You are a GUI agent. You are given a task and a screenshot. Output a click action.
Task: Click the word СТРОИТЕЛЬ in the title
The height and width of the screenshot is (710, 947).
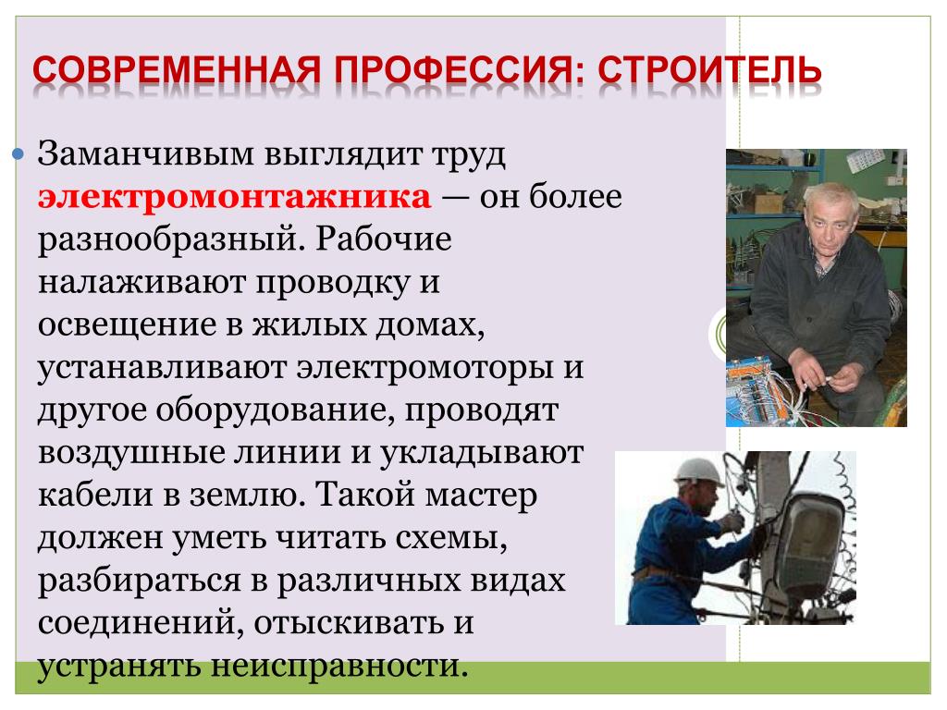click(709, 70)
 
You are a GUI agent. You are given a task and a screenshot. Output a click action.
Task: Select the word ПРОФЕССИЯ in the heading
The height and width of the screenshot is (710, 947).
click(460, 70)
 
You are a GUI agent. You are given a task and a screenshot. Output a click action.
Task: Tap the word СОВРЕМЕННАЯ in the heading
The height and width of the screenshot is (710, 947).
click(177, 70)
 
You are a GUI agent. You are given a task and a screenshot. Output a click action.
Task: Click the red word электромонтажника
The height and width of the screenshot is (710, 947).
click(234, 198)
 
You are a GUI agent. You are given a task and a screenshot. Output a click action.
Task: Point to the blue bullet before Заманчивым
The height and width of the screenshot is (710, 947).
click(18, 154)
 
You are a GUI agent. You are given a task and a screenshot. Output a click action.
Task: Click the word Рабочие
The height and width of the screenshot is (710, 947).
click(384, 239)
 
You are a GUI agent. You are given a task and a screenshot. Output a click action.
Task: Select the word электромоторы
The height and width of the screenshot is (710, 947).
click(424, 368)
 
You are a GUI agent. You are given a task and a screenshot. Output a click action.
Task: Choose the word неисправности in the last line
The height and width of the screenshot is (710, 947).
click(339, 666)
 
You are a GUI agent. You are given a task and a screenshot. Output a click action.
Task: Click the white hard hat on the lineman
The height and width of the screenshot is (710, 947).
click(698, 471)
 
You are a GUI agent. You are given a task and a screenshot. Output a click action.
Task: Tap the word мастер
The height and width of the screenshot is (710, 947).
click(481, 496)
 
